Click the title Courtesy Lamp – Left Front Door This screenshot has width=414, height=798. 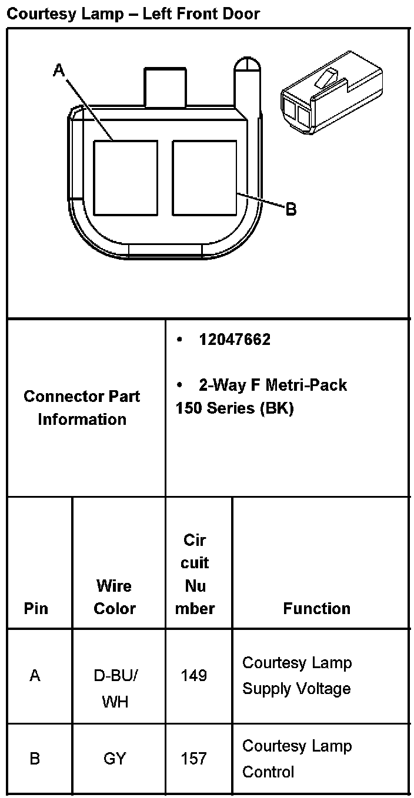(x=133, y=13)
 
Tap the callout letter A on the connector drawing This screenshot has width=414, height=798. (x=59, y=71)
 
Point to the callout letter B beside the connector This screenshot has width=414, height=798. (x=291, y=208)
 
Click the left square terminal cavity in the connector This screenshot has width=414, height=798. (x=126, y=177)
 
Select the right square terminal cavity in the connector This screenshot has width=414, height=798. (x=205, y=177)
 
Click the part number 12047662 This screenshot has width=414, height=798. (x=235, y=340)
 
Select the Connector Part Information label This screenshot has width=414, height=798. (x=82, y=408)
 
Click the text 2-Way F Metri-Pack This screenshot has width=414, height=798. (x=273, y=385)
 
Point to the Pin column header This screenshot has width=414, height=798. (x=36, y=608)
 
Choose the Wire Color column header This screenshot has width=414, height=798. (x=115, y=597)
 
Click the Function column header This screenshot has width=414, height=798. (x=316, y=608)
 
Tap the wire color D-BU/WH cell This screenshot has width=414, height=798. (x=115, y=688)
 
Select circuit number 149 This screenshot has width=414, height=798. (x=194, y=676)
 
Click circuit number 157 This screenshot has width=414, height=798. (x=194, y=759)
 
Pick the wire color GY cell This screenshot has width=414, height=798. (x=115, y=759)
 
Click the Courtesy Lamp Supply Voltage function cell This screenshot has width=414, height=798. (x=297, y=676)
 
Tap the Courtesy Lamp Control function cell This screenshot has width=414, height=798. (x=297, y=759)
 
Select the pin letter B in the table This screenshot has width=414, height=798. (x=35, y=759)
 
